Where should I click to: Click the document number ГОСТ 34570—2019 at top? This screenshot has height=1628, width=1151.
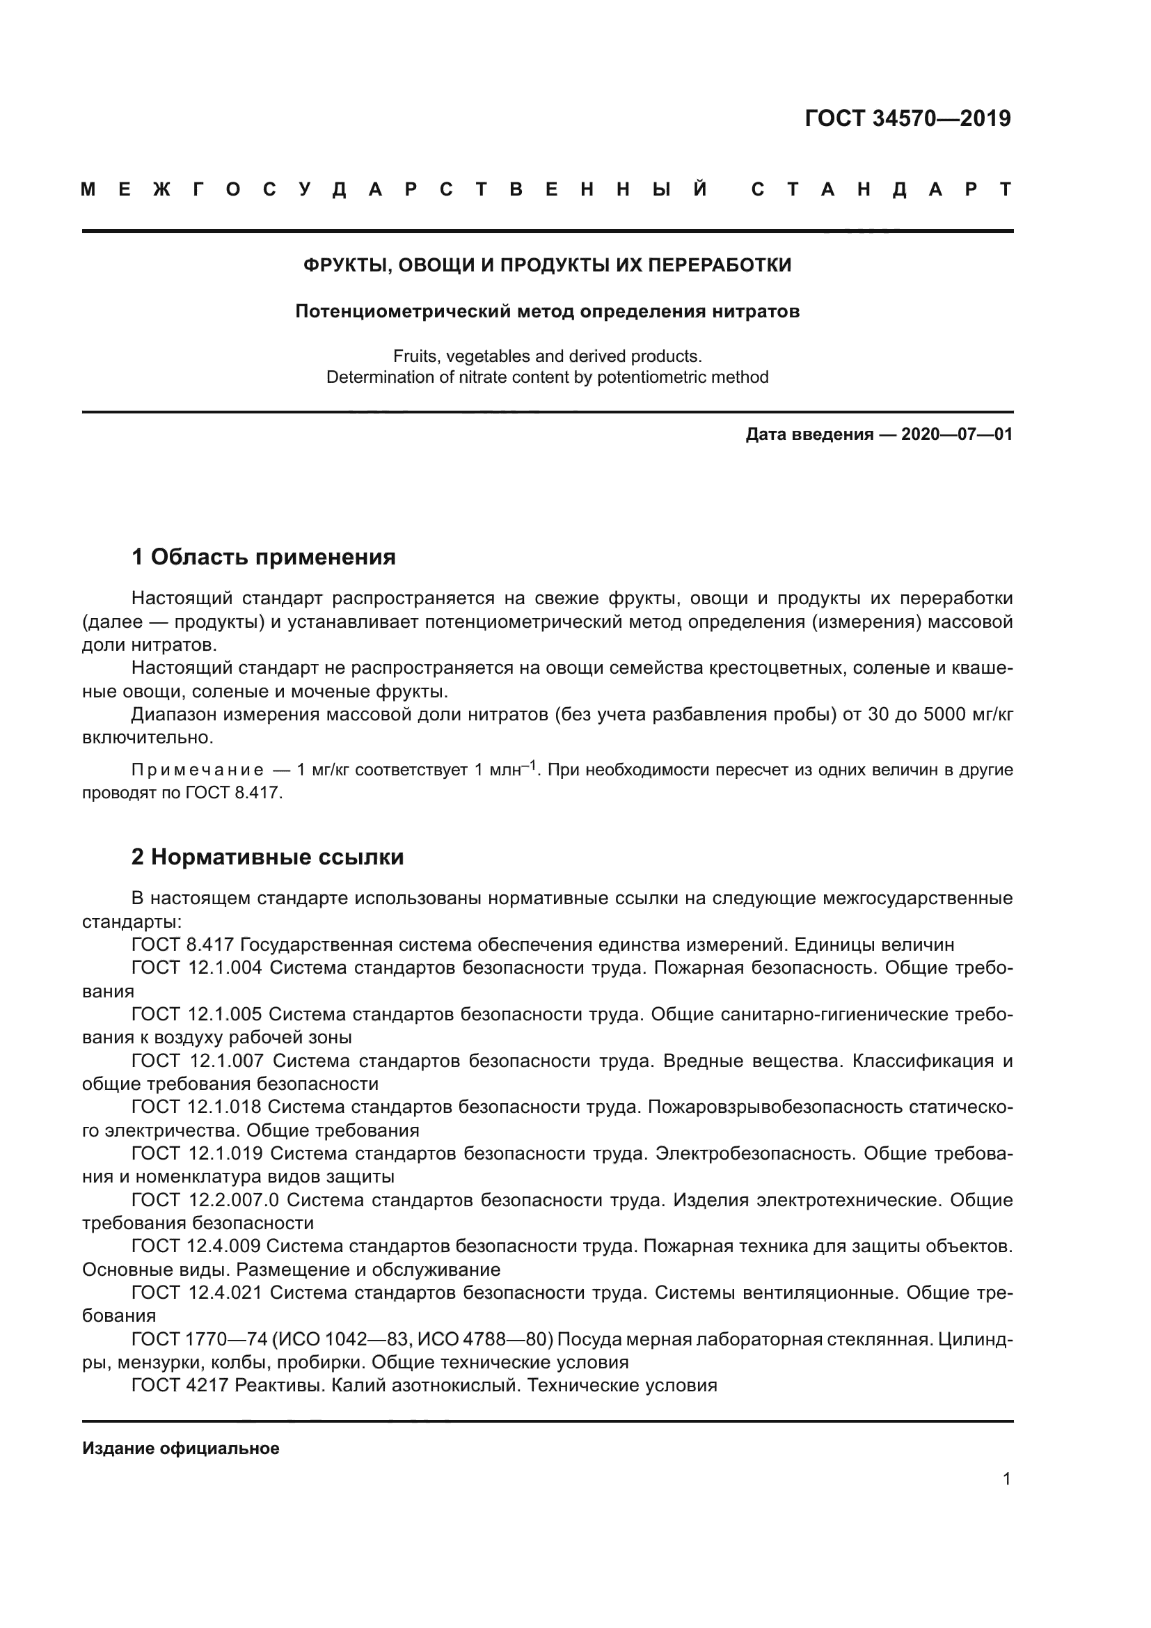point(907,118)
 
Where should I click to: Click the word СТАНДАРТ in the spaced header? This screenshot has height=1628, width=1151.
point(881,189)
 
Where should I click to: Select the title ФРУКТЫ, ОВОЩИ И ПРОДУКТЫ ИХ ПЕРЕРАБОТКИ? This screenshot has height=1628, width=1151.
point(547,265)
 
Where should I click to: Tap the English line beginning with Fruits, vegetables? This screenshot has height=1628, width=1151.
point(547,356)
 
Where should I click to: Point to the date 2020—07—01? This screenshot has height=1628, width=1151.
point(957,434)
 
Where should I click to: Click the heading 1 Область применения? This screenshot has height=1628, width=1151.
point(264,557)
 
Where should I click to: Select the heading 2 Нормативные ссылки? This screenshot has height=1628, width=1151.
point(268,857)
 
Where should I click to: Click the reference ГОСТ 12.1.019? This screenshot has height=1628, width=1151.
point(197,1153)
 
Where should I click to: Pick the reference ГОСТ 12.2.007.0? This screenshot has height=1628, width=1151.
point(205,1200)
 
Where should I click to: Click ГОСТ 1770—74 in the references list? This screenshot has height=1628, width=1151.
point(200,1339)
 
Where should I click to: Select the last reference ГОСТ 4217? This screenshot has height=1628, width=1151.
point(180,1386)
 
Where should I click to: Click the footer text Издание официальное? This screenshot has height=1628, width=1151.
point(181,1448)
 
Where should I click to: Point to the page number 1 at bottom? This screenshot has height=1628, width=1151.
point(1006,1479)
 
